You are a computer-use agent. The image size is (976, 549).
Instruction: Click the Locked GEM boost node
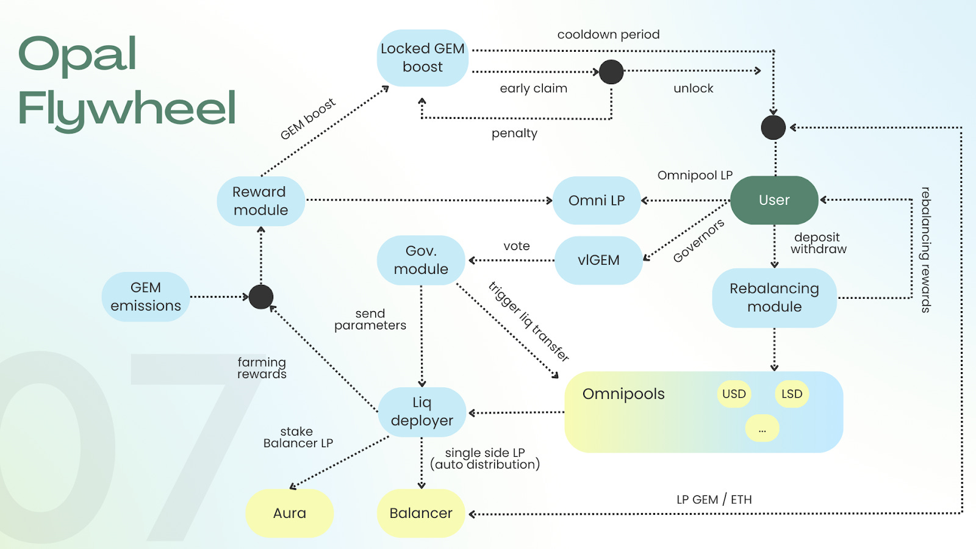(x=423, y=58)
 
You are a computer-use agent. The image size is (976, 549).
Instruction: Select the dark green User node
(x=774, y=200)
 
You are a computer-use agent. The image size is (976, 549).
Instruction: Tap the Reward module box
(x=260, y=201)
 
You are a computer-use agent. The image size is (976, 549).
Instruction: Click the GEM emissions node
(x=146, y=297)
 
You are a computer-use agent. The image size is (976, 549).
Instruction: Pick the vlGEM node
(x=598, y=260)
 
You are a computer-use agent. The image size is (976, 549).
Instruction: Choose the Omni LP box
(x=597, y=201)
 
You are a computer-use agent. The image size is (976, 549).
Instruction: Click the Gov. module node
(x=421, y=260)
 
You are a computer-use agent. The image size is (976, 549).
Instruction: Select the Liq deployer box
(x=422, y=412)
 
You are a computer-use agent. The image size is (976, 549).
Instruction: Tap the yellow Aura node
(x=290, y=513)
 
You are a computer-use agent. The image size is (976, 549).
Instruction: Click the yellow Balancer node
(x=421, y=513)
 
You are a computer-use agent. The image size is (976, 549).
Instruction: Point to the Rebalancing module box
(x=774, y=298)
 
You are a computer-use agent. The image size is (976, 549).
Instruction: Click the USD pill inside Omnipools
(x=734, y=394)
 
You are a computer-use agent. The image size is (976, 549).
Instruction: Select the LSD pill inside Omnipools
(x=792, y=394)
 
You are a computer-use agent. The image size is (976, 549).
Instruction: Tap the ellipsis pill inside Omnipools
(x=762, y=429)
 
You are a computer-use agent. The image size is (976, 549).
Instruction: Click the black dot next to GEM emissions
(x=261, y=297)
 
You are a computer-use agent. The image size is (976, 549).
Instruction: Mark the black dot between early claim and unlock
(x=611, y=72)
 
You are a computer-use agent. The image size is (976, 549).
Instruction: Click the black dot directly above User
(x=773, y=127)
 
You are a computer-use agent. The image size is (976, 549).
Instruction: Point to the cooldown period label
(x=608, y=35)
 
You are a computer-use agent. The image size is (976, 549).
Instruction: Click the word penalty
(x=514, y=134)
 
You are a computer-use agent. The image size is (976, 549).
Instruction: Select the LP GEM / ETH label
(x=714, y=500)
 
